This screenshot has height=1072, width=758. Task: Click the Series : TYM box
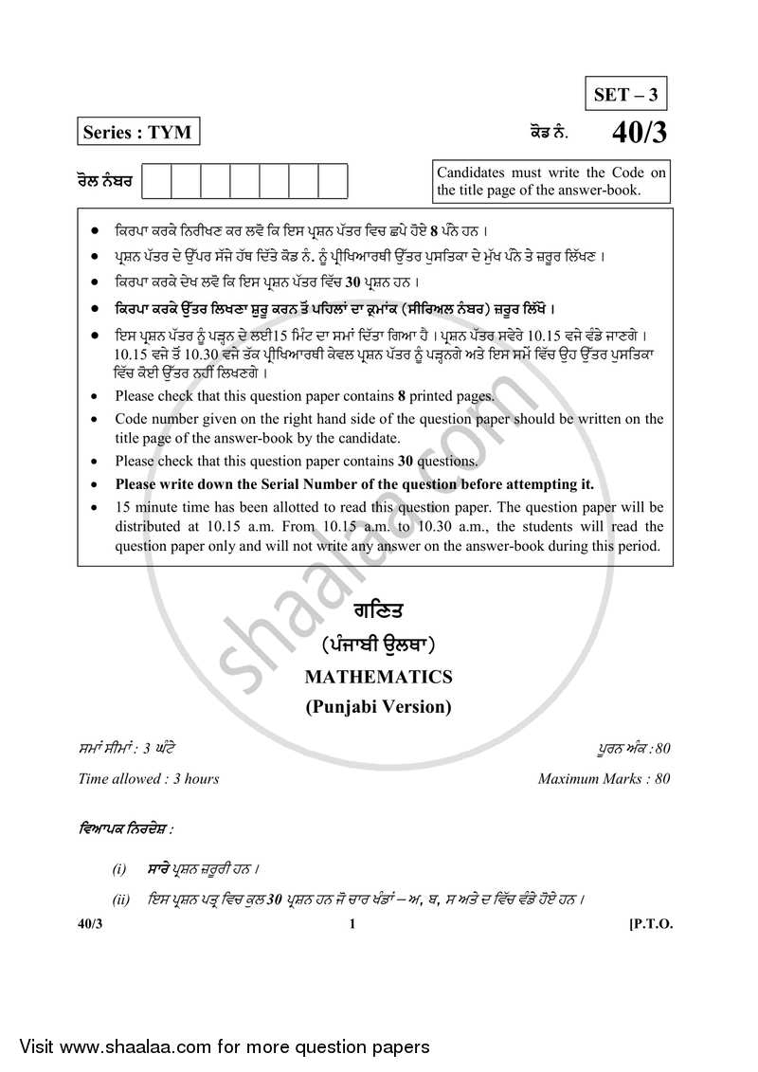coord(138,133)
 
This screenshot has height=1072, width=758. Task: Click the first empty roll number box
coord(157,180)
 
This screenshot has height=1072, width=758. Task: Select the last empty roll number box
coord(333,180)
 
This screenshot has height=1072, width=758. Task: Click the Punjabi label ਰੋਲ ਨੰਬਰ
coord(103,179)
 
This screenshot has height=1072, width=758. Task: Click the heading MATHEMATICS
coord(378,677)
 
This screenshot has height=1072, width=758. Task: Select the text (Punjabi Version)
coord(378,706)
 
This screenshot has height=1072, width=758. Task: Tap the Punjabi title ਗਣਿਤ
coord(378,611)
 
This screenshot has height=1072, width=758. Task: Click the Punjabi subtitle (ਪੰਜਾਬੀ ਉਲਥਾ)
coord(378,645)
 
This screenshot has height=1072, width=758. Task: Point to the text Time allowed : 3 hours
coord(149,779)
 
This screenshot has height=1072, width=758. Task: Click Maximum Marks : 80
coord(605,779)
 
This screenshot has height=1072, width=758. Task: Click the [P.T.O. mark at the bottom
coord(650,925)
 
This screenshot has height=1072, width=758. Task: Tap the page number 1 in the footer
coord(352,925)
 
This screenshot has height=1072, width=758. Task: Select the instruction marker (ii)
coord(121,899)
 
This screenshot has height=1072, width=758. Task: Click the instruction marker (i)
coord(119,868)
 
